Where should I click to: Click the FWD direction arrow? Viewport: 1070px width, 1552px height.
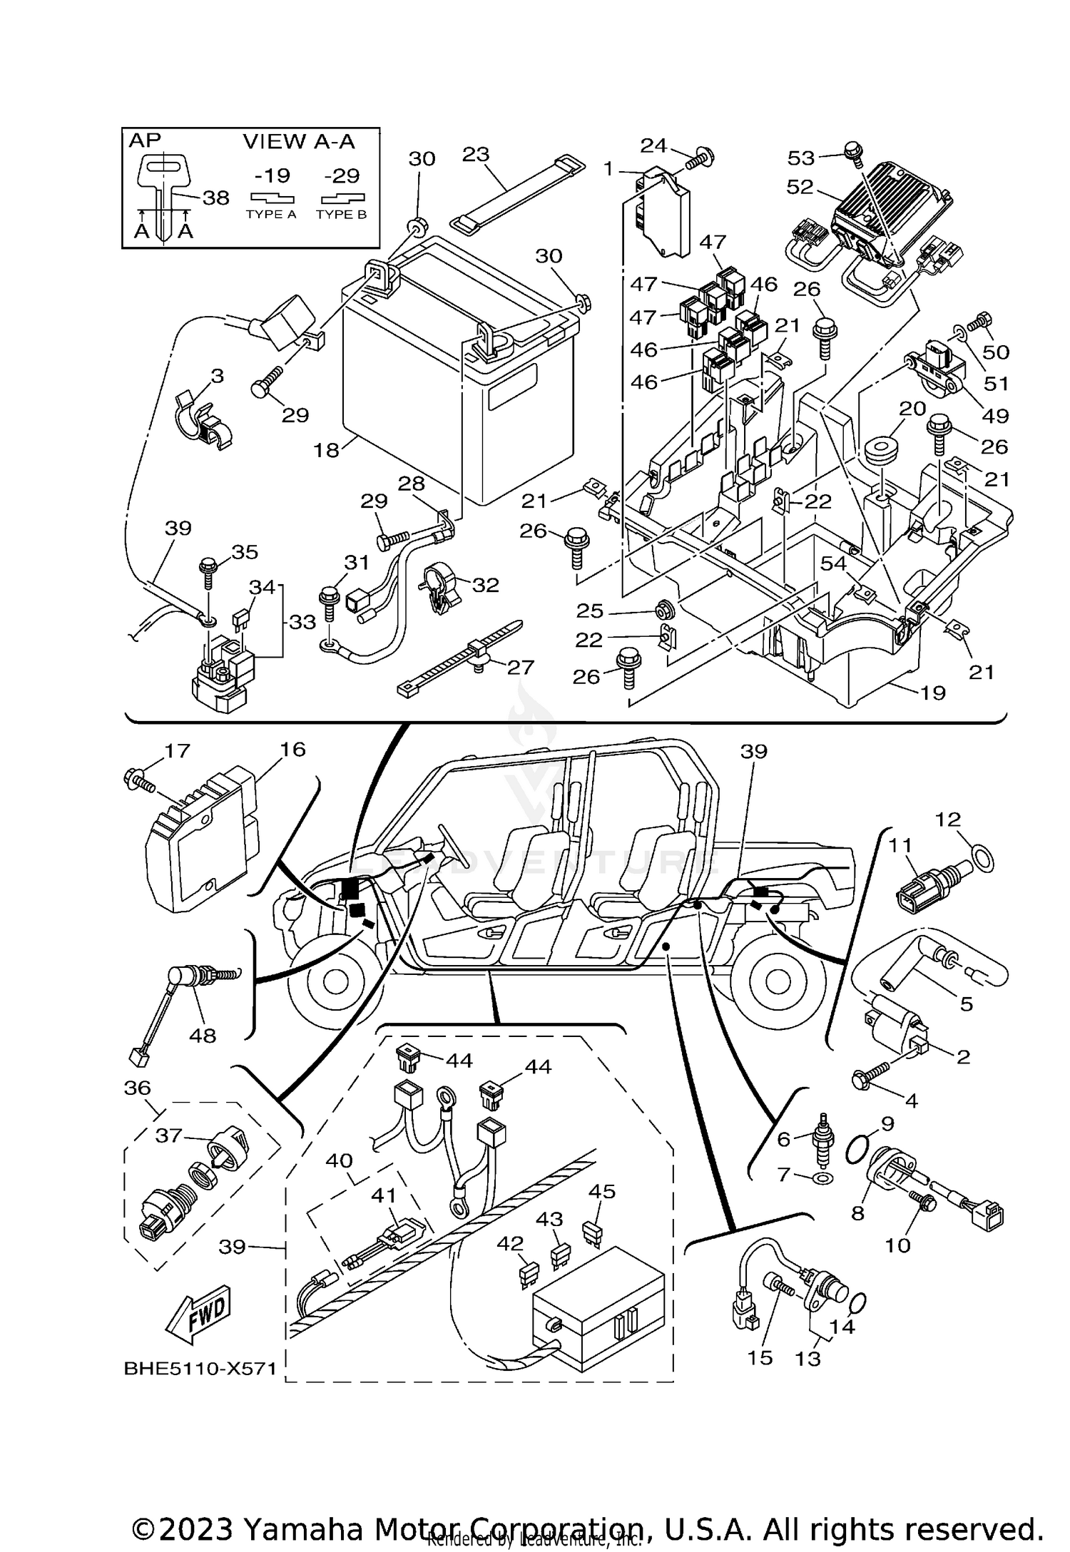coord(199,1313)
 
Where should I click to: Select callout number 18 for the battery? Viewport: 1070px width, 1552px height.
coord(327,450)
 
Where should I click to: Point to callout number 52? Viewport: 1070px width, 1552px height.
coord(800,187)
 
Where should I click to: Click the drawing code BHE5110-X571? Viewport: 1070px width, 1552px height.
coord(200,1389)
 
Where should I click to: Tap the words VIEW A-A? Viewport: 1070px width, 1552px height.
coord(299,141)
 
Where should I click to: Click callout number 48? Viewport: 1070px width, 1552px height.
coord(203,1034)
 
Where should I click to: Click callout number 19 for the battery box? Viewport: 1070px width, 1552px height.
coord(933,692)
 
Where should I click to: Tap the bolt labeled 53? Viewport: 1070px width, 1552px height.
coord(852,150)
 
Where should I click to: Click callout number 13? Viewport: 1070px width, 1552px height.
coord(807,1358)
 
